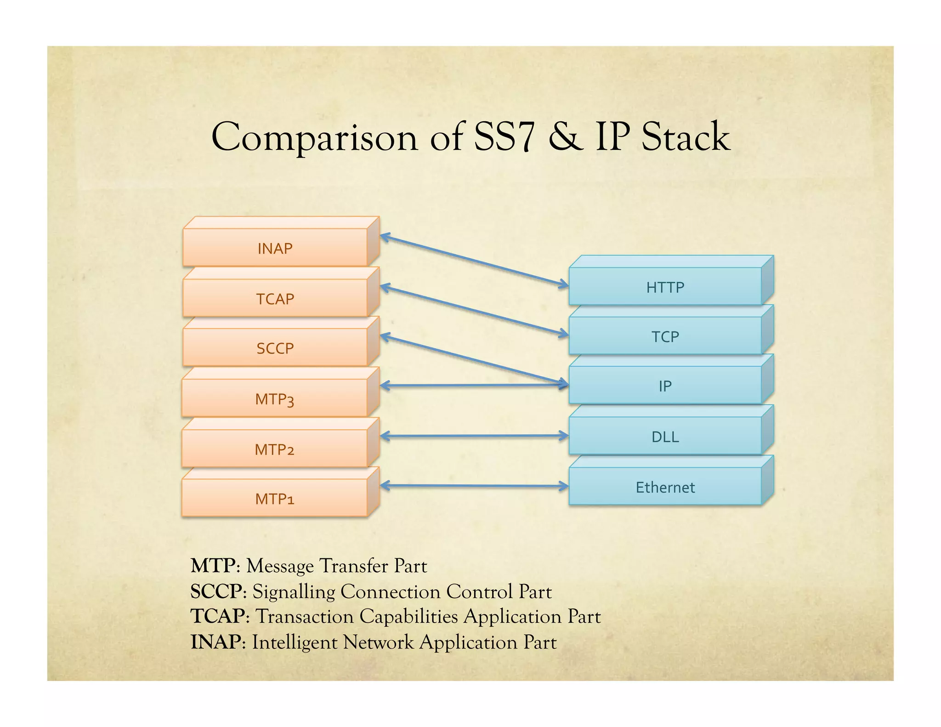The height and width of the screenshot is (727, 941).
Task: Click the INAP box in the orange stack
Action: click(x=275, y=248)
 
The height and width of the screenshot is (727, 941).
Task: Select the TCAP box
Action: click(x=275, y=298)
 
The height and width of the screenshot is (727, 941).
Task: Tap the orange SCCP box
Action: click(x=275, y=348)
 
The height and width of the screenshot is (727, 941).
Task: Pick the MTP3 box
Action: click(x=275, y=398)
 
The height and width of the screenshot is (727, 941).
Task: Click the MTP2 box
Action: click(x=275, y=449)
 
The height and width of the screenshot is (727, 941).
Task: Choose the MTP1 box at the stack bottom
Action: click(x=275, y=498)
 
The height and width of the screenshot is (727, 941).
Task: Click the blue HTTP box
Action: click(x=665, y=287)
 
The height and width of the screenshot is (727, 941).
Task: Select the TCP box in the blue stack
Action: click(x=665, y=336)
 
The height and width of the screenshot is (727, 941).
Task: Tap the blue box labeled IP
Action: click(x=665, y=386)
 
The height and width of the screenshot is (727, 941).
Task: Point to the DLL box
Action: click(x=665, y=436)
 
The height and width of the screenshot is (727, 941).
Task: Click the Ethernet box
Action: click(x=665, y=487)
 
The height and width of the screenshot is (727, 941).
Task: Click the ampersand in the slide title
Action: click(x=565, y=137)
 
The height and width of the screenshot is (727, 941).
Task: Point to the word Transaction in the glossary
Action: click(x=304, y=617)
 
